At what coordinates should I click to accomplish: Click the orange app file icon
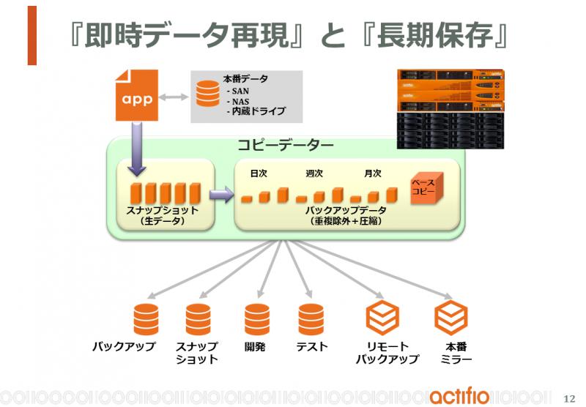pyautogui.click(x=137, y=95)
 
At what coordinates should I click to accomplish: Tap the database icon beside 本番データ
pyautogui.click(x=208, y=94)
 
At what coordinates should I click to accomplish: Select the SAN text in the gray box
pyautogui.click(x=240, y=91)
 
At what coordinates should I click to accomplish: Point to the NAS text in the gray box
pyautogui.click(x=240, y=101)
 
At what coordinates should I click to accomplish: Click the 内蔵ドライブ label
pyautogui.click(x=259, y=111)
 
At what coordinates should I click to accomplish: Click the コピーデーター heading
pyautogui.click(x=286, y=145)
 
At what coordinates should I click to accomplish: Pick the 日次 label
pyautogui.click(x=259, y=173)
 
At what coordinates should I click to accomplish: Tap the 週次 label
pyautogui.click(x=314, y=173)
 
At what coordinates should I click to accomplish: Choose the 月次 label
pyautogui.click(x=373, y=173)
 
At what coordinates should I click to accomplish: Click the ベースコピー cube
pyautogui.click(x=426, y=188)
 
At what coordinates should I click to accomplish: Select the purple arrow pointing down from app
pyautogui.click(x=137, y=149)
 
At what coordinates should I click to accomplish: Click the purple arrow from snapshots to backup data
pyautogui.click(x=222, y=195)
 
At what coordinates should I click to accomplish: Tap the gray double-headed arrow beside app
pyautogui.click(x=174, y=97)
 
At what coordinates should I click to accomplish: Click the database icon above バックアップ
pyautogui.click(x=146, y=319)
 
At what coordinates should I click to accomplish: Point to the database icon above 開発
pyautogui.click(x=257, y=319)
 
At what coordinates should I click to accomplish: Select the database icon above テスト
pyautogui.click(x=311, y=319)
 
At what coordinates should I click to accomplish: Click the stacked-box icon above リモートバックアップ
pyautogui.click(x=382, y=318)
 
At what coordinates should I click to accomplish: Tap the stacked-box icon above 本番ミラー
pyautogui.click(x=451, y=318)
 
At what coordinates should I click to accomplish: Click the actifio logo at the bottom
pyautogui.click(x=459, y=396)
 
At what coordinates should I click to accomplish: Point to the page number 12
pyautogui.click(x=569, y=398)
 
